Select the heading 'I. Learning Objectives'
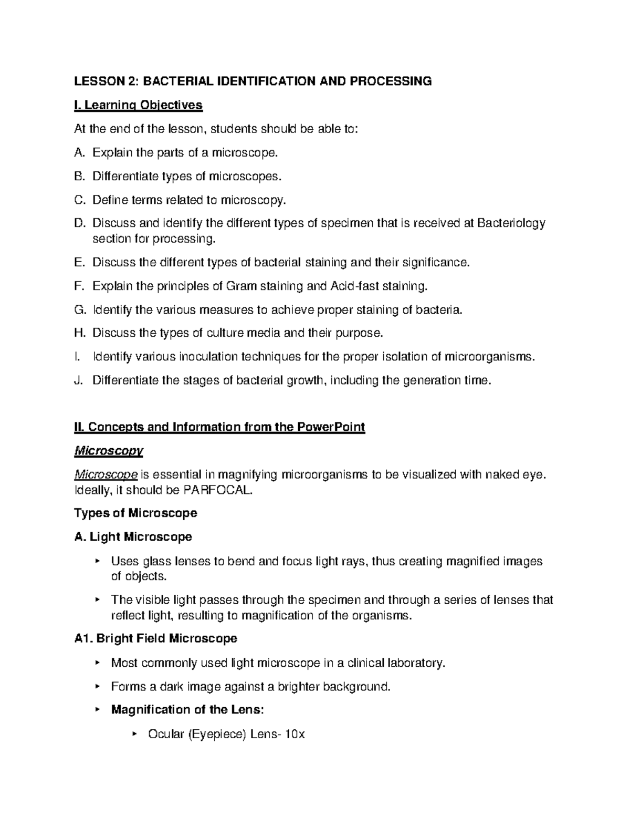click(139, 105)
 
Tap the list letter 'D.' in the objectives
click(80, 223)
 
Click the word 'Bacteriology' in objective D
click(511, 223)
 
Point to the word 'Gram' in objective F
click(240, 286)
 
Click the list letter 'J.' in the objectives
click(79, 380)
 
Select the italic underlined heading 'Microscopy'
click(109, 451)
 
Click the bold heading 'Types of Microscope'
click(136, 513)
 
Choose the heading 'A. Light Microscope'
click(133, 537)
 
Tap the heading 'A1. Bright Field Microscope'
click(156, 639)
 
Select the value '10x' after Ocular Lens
click(294, 734)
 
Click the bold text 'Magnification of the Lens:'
click(187, 710)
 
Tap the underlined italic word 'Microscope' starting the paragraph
click(106, 475)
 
